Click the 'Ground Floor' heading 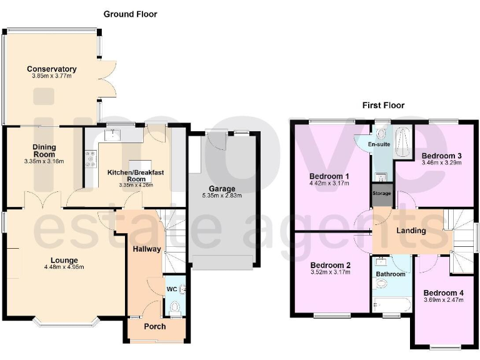pyautogui.click(x=130, y=14)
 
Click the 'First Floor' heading pyautogui.click(x=383, y=105)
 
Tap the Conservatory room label pyautogui.click(x=52, y=69)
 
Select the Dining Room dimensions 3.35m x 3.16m pyautogui.click(x=44, y=161)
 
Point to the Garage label pyautogui.click(x=222, y=188)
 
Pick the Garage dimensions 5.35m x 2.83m pyautogui.click(x=222, y=196)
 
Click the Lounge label pyautogui.click(x=64, y=260)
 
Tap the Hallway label pyautogui.click(x=146, y=249)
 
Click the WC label pyautogui.click(x=171, y=289)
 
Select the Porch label pyautogui.click(x=155, y=326)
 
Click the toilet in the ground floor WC pyautogui.click(x=174, y=307)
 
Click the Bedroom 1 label pyautogui.click(x=330, y=176)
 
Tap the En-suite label pyautogui.click(x=379, y=144)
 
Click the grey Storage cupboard pyautogui.click(x=382, y=192)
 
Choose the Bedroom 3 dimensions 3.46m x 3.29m pyautogui.click(x=441, y=162)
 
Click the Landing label pyautogui.click(x=411, y=230)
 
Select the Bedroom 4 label pyautogui.click(x=443, y=292)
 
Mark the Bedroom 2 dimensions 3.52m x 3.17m pyautogui.click(x=330, y=272)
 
